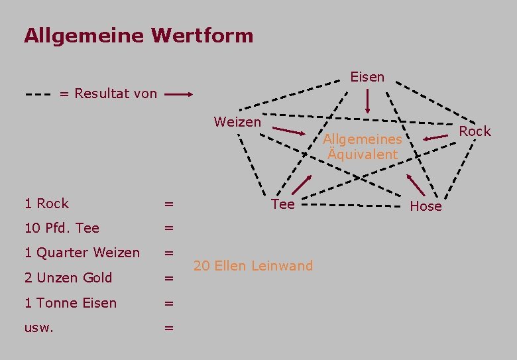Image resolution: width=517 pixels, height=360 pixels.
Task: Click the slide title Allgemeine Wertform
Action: click(x=139, y=35)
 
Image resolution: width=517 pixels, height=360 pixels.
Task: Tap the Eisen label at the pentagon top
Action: click(x=367, y=77)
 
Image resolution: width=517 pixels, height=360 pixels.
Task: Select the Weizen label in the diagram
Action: click(x=237, y=122)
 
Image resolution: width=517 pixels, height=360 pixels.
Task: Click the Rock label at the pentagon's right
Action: click(x=475, y=131)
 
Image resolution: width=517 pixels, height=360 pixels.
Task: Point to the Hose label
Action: click(x=426, y=206)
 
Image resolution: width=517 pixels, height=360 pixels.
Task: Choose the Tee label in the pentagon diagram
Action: click(x=283, y=204)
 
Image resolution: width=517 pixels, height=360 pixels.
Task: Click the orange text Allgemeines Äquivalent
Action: click(x=363, y=147)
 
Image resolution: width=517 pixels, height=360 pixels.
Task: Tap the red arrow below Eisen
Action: click(x=368, y=101)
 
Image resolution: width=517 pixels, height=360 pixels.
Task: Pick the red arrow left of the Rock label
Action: click(x=436, y=137)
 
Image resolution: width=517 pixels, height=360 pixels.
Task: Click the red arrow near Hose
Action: click(x=416, y=184)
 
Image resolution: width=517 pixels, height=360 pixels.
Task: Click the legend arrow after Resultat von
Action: click(x=178, y=95)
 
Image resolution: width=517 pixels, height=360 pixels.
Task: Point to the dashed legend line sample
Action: click(x=39, y=94)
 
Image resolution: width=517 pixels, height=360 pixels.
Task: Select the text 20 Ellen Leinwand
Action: click(x=253, y=266)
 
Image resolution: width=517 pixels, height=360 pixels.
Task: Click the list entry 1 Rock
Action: click(x=46, y=204)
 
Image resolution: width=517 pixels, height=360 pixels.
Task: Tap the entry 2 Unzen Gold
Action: click(x=68, y=278)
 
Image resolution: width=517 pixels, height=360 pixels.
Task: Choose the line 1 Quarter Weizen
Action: click(x=82, y=253)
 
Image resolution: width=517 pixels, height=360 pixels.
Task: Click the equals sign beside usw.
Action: click(x=169, y=328)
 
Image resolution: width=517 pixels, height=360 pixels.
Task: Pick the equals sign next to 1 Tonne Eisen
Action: click(x=169, y=303)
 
